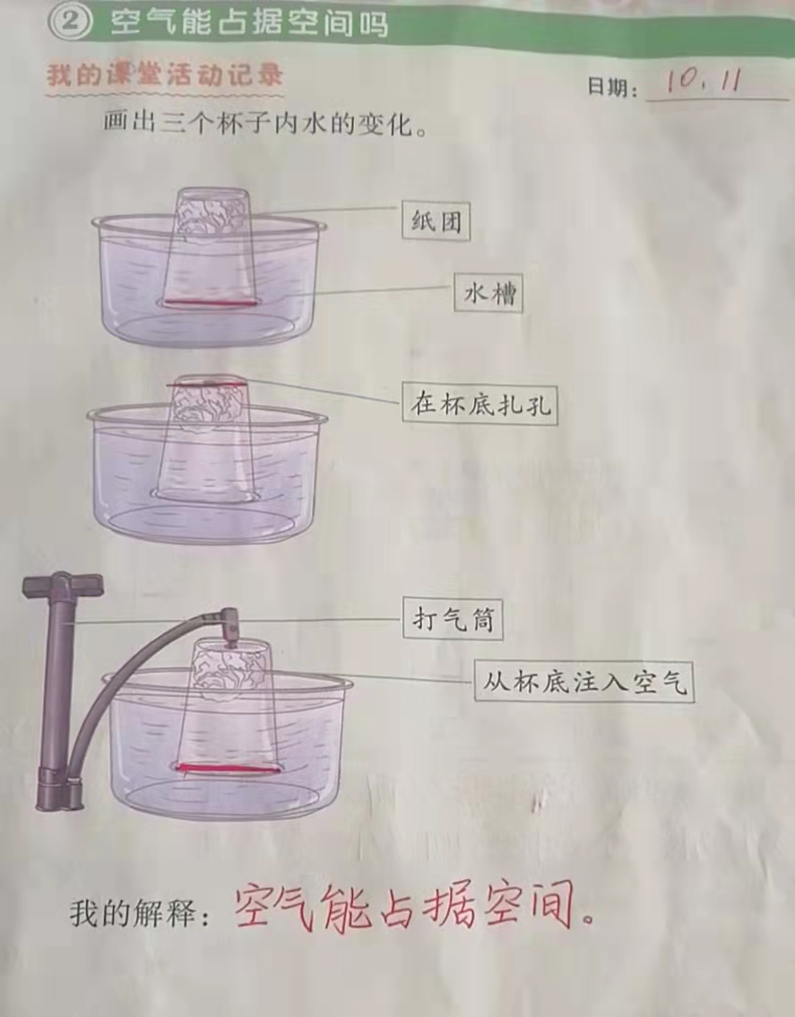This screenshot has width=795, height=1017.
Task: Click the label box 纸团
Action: [x=436, y=221]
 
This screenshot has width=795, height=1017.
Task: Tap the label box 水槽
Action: [x=488, y=294]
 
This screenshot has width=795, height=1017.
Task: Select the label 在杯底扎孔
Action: [x=480, y=404]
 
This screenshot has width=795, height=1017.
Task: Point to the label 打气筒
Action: [x=453, y=619]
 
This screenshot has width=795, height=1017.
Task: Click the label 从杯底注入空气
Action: [x=583, y=681]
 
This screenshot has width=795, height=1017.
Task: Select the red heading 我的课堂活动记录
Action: [x=165, y=75]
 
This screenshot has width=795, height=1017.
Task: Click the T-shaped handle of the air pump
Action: [x=63, y=585]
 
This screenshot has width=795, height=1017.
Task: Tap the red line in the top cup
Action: [x=207, y=304]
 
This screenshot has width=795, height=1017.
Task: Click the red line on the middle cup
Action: [x=206, y=385]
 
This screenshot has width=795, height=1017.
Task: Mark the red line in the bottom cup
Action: [x=227, y=769]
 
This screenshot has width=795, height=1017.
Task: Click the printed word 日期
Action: [x=608, y=86]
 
